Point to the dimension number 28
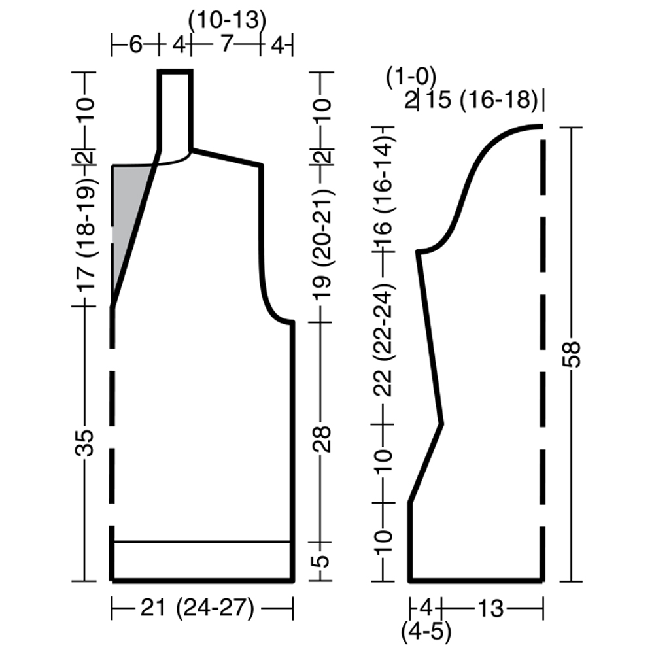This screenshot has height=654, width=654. point(323,439)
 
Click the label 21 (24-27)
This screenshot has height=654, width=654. point(197,608)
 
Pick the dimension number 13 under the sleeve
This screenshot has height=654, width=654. point(491,608)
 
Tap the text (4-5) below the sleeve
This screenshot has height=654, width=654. point(426,632)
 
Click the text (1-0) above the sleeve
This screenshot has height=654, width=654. point(411,77)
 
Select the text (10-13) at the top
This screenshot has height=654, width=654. point(227,20)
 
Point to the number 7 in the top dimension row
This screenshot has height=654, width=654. point(226,43)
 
